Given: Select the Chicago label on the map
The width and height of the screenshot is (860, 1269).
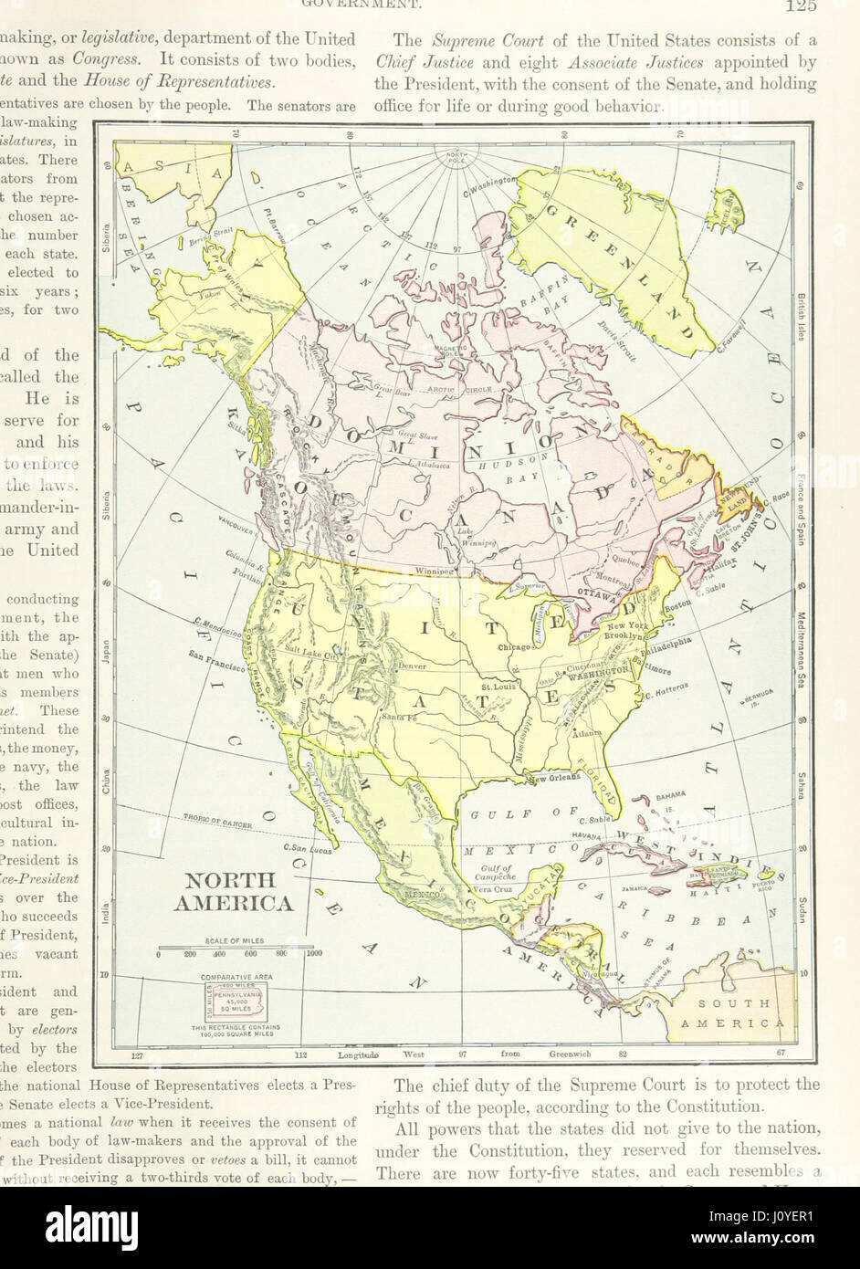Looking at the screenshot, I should pyautogui.click(x=515, y=646).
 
